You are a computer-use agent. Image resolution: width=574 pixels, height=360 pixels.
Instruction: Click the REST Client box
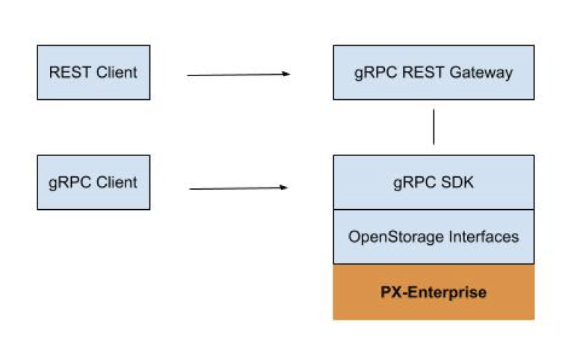click(x=93, y=72)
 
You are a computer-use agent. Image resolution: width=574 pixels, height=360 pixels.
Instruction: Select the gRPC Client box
click(x=93, y=182)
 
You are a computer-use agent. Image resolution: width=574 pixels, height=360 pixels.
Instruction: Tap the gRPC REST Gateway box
click(x=433, y=72)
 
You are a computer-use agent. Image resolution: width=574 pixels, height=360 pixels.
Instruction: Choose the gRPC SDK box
click(x=433, y=182)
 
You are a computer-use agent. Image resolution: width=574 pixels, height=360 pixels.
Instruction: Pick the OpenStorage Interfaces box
click(x=433, y=237)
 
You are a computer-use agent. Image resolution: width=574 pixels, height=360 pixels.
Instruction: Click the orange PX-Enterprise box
click(x=433, y=292)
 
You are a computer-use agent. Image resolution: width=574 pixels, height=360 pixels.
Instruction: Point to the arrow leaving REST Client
click(x=238, y=75)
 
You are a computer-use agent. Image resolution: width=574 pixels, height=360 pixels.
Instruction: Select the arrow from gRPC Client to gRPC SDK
click(x=238, y=188)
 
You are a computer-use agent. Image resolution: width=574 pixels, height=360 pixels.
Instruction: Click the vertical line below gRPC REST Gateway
click(x=433, y=126)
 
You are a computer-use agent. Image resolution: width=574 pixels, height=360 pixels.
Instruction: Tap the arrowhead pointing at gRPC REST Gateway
click(x=286, y=74)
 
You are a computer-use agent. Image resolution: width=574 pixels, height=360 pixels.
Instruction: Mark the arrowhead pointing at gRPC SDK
click(x=284, y=187)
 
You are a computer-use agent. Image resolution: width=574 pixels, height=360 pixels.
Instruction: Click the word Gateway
click(x=481, y=72)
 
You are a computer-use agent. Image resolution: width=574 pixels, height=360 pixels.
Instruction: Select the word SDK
click(x=457, y=182)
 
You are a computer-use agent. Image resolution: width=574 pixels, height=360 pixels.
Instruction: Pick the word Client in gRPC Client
click(x=117, y=182)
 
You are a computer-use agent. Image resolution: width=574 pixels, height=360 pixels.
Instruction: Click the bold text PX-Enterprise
click(x=433, y=292)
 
